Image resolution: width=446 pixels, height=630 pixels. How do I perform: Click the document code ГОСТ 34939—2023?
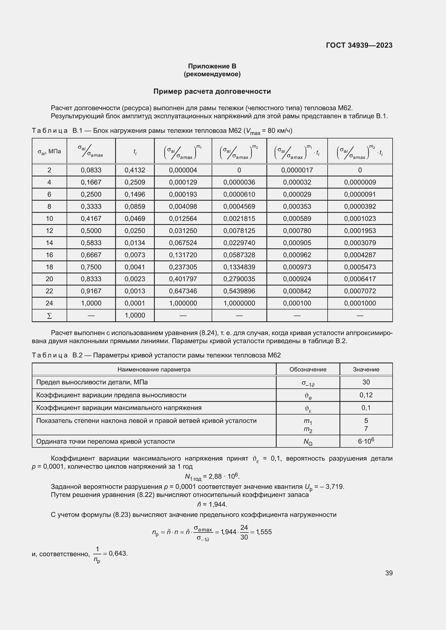[359, 45]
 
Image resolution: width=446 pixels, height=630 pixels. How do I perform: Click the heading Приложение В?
[212, 66]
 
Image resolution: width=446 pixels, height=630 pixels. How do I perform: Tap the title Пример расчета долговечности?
[212, 91]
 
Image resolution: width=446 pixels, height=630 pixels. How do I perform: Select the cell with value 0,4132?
[135, 170]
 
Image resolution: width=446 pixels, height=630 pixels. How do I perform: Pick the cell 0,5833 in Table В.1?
[91, 243]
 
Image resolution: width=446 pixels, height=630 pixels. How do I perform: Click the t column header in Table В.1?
[135, 151]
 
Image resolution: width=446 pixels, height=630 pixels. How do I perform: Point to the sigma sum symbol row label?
[49, 316]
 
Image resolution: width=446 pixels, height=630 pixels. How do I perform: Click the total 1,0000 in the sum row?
[135, 315]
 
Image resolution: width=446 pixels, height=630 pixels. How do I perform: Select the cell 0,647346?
[183, 291]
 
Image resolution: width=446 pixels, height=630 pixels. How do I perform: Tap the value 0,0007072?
[360, 291]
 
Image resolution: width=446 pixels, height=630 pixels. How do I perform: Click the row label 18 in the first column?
[49, 267]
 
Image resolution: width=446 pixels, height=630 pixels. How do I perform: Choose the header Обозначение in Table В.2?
[308, 369]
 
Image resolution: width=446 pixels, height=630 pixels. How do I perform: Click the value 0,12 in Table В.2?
[366, 395]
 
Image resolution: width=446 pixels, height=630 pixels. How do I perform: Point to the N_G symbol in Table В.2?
[308, 441]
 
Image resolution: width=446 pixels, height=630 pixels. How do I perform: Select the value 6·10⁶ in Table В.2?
[366, 441]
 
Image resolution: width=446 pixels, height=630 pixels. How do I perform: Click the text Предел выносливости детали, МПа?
[92, 382]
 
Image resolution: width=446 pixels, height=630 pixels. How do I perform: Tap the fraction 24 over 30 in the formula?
[244, 532]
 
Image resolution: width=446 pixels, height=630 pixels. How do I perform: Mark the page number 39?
[389, 573]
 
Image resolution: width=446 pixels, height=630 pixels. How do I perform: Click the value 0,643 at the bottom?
[118, 554]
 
